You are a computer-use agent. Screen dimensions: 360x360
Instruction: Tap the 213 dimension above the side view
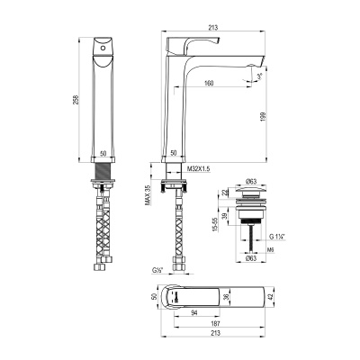[212, 29]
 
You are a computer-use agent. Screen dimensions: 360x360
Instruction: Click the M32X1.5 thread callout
[198, 168]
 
